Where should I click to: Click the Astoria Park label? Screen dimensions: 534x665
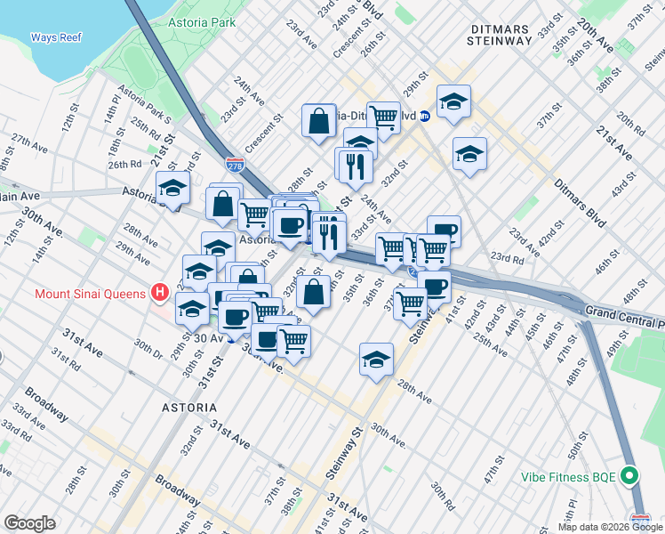click(x=205, y=20)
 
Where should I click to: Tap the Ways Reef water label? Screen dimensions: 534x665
click(x=56, y=37)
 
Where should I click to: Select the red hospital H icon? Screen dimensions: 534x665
click(x=159, y=292)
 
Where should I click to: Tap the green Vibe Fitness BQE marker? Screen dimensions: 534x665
click(x=630, y=476)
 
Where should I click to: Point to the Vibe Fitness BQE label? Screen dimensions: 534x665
click(x=570, y=477)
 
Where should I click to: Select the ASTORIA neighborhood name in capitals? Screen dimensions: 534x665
click(x=188, y=408)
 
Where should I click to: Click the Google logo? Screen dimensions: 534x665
click(x=30, y=523)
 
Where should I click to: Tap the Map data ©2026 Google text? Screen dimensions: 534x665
click(x=609, y=527)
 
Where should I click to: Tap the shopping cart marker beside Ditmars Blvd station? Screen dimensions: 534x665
click(x=383, y=116)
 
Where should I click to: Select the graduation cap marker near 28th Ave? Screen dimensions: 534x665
click(x=376, y=360)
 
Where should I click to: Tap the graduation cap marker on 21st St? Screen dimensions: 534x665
click(x=172, y=188)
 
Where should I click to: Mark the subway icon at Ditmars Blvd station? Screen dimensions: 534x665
click(x=425, y=116)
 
